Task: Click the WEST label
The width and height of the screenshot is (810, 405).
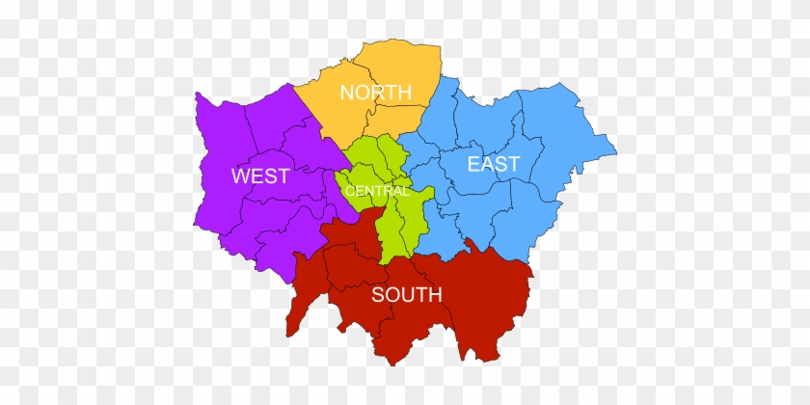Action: (260, 176)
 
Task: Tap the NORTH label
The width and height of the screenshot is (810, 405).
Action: (376, 93)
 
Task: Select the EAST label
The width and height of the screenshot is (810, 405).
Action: (493, 164)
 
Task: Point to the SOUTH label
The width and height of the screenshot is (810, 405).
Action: (407, 295)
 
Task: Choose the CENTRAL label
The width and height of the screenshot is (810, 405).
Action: (378, 191)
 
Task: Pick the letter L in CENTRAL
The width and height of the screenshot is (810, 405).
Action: (407, 191)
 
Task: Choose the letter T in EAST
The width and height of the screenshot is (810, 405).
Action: (513, 164)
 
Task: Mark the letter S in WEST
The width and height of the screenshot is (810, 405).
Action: (270, 176)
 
